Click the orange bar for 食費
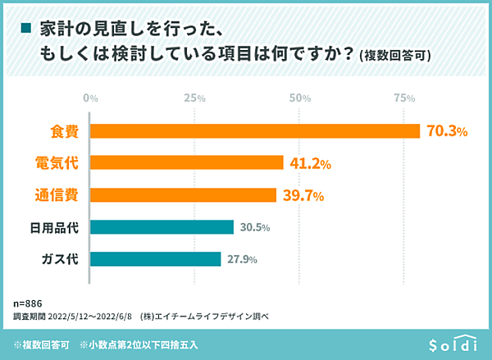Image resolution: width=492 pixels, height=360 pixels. click(254, 131)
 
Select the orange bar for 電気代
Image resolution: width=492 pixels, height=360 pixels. click(186, 163)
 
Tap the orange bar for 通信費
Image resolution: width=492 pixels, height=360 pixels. click(183, 195)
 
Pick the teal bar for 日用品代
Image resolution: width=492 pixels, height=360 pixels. click(162, 227)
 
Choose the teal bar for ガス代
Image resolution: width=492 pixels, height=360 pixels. click(155, 259)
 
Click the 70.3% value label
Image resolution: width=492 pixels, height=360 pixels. click(446, 131)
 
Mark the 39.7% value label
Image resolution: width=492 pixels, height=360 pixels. click(303, 196)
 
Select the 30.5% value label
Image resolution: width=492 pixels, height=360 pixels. click(253, 227)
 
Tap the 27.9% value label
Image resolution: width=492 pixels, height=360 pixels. click(240, 260)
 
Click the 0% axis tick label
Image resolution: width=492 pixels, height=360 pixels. click(91, 98)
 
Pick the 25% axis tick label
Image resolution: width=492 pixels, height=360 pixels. click(195, 98)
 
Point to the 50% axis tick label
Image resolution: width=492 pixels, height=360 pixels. click(300, 98)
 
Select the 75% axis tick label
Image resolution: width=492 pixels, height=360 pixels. click(404, 98)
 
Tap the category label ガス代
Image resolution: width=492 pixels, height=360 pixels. click(59, 260)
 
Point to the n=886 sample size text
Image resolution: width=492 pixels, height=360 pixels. click(29, 301)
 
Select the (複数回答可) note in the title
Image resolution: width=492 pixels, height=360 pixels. click(399, 56)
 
